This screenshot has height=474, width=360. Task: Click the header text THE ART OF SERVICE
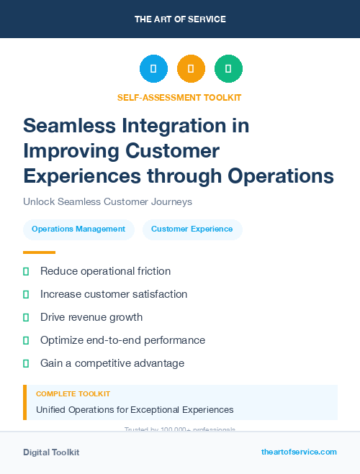coord(180,19)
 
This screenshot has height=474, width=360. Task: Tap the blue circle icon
coord(153,69)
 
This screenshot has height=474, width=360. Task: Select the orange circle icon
coord(191,69)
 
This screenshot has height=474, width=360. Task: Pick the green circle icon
coord(228,69)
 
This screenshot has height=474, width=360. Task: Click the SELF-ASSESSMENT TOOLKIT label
coord(179,97)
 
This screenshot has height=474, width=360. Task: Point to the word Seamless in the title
coord(63,126)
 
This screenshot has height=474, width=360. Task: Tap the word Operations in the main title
coord(281,176)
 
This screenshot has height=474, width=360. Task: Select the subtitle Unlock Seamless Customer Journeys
coord(107,202)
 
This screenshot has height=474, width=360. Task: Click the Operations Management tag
coord(78,229)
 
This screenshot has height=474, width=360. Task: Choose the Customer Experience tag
coord(192,229)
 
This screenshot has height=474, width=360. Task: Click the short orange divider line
coord(39,252)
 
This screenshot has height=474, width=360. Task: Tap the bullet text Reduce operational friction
coord(105,271)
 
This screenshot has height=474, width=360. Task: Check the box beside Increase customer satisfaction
coord(26,294)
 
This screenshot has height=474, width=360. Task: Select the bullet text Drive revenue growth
coord(91,317)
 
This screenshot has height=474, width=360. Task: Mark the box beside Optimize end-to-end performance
coord(26,340)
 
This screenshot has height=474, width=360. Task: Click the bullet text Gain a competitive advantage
coord(112,363)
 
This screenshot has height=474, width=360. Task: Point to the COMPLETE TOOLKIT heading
coord(73,394)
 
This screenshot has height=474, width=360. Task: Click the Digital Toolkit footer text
coord(51,452)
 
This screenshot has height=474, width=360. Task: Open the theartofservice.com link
coord(299,452)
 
